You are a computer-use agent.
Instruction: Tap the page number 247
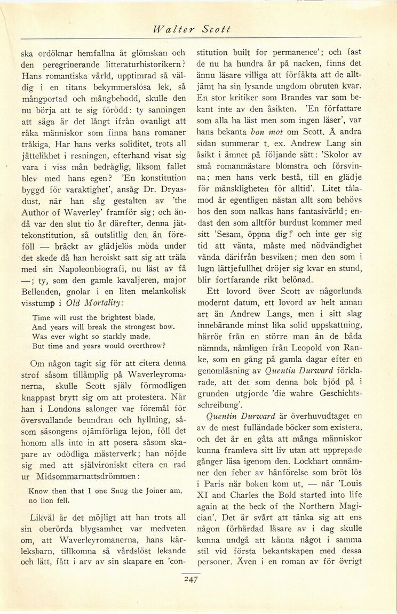point(190,579)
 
